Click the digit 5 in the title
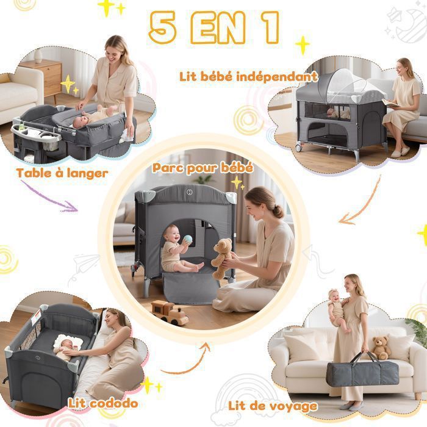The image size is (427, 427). pyautogui.click(x=163, y=27)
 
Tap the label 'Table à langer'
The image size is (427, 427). pyautogui.click(x=62, y=173)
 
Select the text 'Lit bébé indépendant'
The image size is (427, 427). pyautogui.click(x=248, y=76)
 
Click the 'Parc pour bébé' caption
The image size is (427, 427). pyautogui.click(x=203, y=168)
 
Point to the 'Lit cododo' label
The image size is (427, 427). pyautogui.click(x=103, y=403)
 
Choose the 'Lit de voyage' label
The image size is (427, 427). pyautogui.click(x=273, y=406)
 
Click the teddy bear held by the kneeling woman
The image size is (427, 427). pyautogui.click(x=222, y=258)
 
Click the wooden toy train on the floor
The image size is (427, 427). pyautogui.click(x=170, y=312)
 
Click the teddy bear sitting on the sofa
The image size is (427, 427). pyautogui.click(x=381, y=347)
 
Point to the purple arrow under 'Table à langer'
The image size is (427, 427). pyautogui.click(x=48, y=198)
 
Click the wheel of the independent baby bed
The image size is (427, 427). pyautogui.click(x=299, y=148)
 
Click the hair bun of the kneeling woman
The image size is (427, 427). pyautogui.click(x=278, y=211)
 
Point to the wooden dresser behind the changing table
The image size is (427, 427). pyautogui.click(x=45, y=77)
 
